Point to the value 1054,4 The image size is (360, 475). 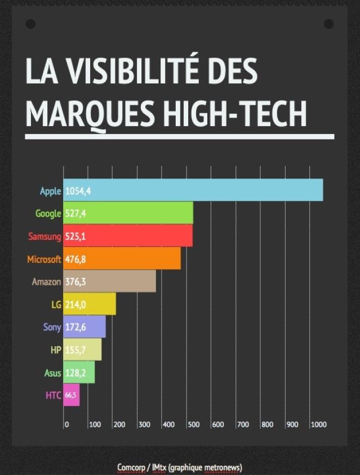point(78,191)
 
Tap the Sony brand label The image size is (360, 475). point(52,327)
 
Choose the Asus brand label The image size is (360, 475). point(52,373)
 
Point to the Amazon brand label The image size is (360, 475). point(46,281)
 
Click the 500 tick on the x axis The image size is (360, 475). point(193,424)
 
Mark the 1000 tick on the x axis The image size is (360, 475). point(318,424)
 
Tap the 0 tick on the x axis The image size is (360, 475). point(66,424)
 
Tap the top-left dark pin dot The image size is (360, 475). point(30,24)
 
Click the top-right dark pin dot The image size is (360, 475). point(329,24)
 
